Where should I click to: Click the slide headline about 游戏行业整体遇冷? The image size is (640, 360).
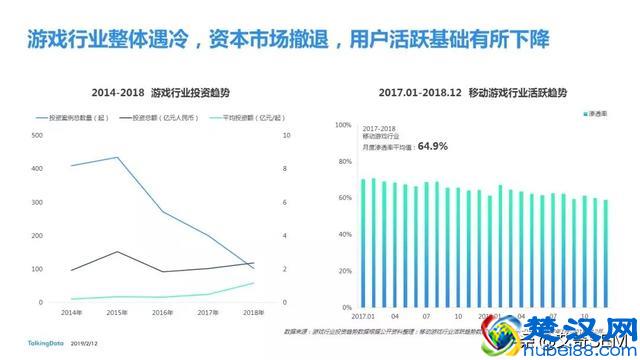291,42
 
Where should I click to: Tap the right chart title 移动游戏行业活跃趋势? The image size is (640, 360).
474,92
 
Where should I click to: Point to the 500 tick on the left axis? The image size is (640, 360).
37,134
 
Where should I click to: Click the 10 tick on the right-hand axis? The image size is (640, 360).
288,134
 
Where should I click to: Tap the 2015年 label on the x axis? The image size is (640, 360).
118,313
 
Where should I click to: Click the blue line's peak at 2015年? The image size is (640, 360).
118,157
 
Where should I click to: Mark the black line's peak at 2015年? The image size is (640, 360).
118,252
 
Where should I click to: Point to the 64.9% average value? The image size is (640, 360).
432,146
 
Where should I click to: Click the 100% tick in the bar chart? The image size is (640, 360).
342,125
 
